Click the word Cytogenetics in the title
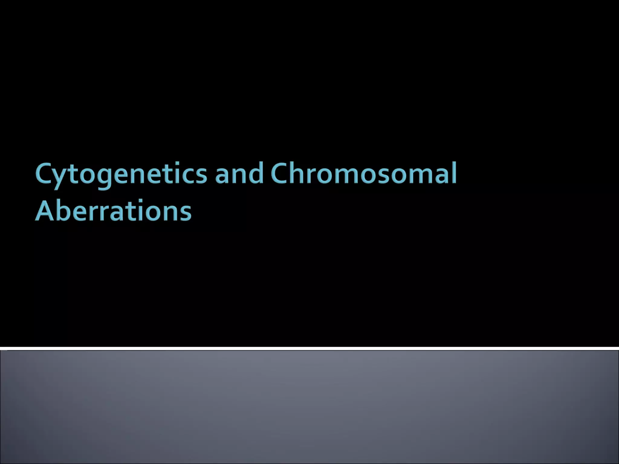[x=121, y=174]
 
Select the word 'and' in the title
[x=239, y=174]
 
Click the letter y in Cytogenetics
[x=61, y=178]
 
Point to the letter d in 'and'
[x=255, y=173]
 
